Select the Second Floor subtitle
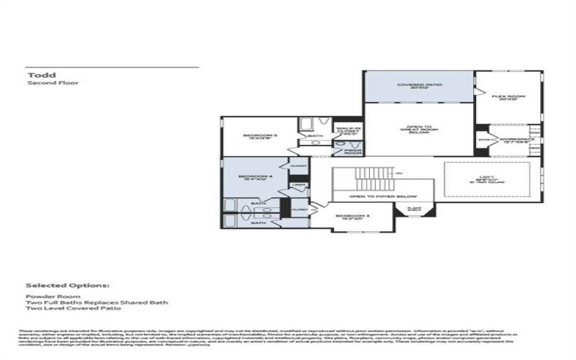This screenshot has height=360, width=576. click(x=53, y=84)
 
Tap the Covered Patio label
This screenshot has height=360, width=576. click(x=418, y=85)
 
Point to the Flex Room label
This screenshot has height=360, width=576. click(x=509, y=97)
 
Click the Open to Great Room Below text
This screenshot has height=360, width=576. click(x=418, y=130)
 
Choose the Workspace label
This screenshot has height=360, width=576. click(x=513, y=140)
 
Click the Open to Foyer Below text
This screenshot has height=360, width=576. click(x=384, y=196)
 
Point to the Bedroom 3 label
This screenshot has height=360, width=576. click(x=350, y=216)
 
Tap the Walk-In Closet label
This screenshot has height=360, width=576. click(x=348, y=132)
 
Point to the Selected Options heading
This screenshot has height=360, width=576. click(x=68, y=285)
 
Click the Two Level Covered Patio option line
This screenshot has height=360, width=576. click(x=73, y=309)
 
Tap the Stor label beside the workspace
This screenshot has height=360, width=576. click(x=483, y=140)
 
